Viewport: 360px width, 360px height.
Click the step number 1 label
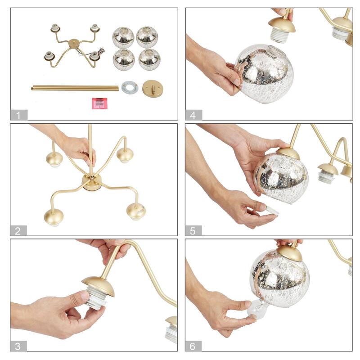click(x=18, y=115)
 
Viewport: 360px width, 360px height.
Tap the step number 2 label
click(x=18, y=231)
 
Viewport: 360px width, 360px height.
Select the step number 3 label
click(x=18, y=346)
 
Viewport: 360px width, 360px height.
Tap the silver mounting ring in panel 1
click(x=130, y=87)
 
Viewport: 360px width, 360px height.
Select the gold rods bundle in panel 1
click(x=74, y=88)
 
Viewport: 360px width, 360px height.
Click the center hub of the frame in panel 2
click(x=91, y=182)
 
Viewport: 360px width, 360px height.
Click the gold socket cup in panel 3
click(x=98, y=283)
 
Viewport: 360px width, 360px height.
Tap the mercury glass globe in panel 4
click(x=265, y=73)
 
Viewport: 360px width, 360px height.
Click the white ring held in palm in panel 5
click(x=271, y=210)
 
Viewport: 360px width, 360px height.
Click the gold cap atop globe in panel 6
click(x=289, y=253)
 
